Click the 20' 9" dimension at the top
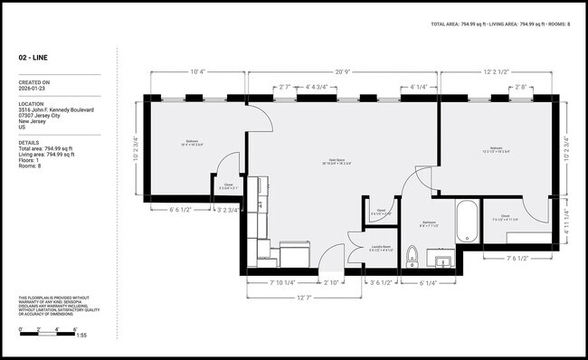342,71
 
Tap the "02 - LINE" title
33,57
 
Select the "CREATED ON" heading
34,82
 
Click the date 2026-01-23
33,90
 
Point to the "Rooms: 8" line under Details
31,166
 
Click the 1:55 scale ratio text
81,336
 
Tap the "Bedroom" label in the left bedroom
193,142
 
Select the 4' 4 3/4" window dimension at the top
321,88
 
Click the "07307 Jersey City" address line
41,116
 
